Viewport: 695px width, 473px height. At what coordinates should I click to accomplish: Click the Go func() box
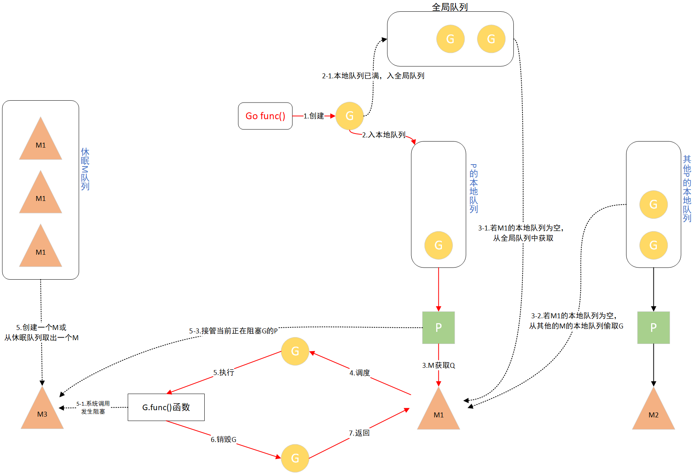265,116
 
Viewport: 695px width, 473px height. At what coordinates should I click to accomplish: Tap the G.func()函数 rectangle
166,407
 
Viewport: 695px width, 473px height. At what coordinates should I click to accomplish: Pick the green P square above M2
653,327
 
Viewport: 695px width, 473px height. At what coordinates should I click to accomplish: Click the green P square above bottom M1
438,327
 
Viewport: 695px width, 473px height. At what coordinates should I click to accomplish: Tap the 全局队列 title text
450,7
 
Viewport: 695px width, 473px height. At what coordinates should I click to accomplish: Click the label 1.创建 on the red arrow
314,116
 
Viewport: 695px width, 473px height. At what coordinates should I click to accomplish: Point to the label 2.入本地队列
383,135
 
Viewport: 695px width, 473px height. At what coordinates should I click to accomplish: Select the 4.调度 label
359,373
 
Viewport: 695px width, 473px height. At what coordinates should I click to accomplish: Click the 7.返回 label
359,433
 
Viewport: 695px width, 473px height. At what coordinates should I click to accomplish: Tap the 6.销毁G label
223,439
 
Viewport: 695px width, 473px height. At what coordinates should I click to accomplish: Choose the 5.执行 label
224,372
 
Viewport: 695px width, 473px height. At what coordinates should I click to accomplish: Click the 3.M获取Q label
438,365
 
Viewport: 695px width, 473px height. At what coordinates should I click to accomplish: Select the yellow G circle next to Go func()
349,116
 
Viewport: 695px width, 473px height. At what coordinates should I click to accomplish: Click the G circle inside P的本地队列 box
438,245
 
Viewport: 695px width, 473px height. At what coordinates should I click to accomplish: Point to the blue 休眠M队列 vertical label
85,169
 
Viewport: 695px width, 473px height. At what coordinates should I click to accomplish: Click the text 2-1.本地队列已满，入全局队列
373,76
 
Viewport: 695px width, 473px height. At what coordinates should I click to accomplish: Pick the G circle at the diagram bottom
295,458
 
